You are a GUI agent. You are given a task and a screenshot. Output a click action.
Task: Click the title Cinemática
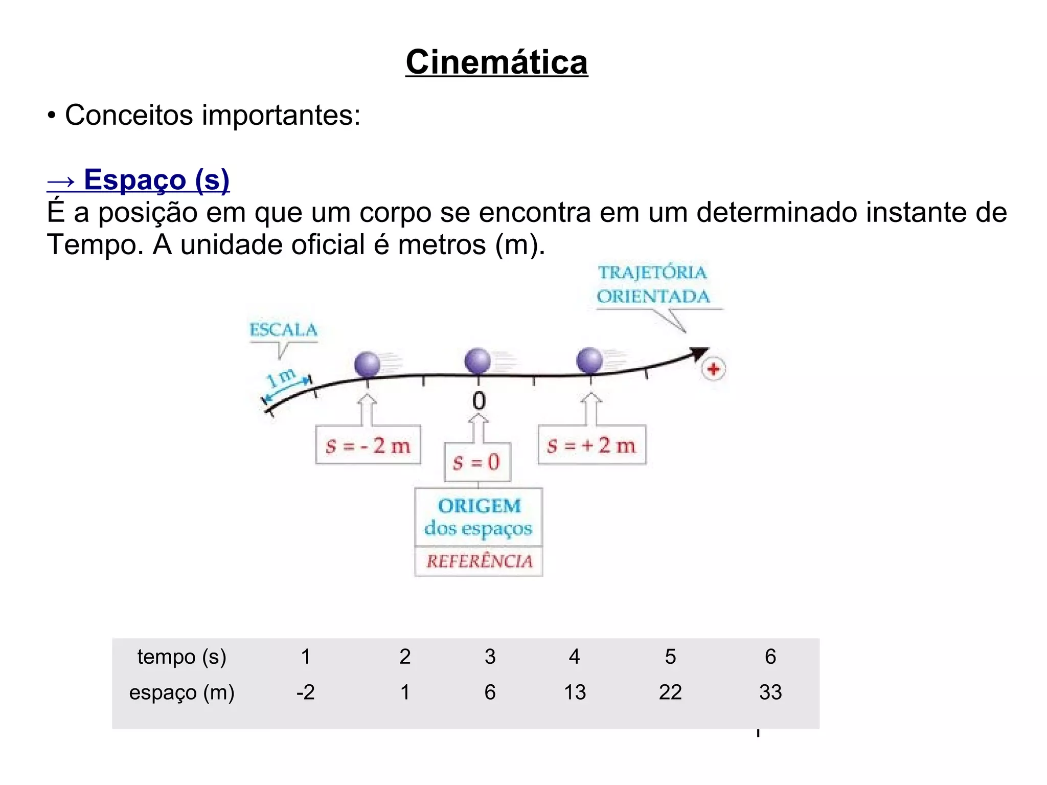point(496,62)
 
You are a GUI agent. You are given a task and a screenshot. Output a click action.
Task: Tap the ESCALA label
point(283,330)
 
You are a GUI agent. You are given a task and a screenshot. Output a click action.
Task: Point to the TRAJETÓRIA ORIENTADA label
point(653,285)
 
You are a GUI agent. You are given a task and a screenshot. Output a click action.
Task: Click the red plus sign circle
point(713,369)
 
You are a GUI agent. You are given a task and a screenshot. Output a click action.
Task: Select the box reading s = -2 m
point(368,445)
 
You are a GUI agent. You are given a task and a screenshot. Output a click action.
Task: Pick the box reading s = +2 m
point(591,445)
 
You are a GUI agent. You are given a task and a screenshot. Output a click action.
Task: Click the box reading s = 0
point(477,462)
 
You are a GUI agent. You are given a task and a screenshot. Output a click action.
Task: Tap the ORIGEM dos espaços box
point(479,517)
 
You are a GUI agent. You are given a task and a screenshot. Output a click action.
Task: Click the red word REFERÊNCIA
point(479,562)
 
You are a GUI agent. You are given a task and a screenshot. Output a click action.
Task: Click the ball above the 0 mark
point(477,361)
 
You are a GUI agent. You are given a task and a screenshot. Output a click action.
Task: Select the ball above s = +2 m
point(589,361)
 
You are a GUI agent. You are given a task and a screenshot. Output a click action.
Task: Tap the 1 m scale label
point(281,377)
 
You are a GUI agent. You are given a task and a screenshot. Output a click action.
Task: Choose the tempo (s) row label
point(181,657)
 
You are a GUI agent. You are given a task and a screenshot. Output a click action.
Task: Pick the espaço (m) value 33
point(770,692)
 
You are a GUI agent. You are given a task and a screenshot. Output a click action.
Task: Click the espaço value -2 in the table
point(305,692)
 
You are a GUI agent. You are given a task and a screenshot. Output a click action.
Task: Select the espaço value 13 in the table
point(575,692)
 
